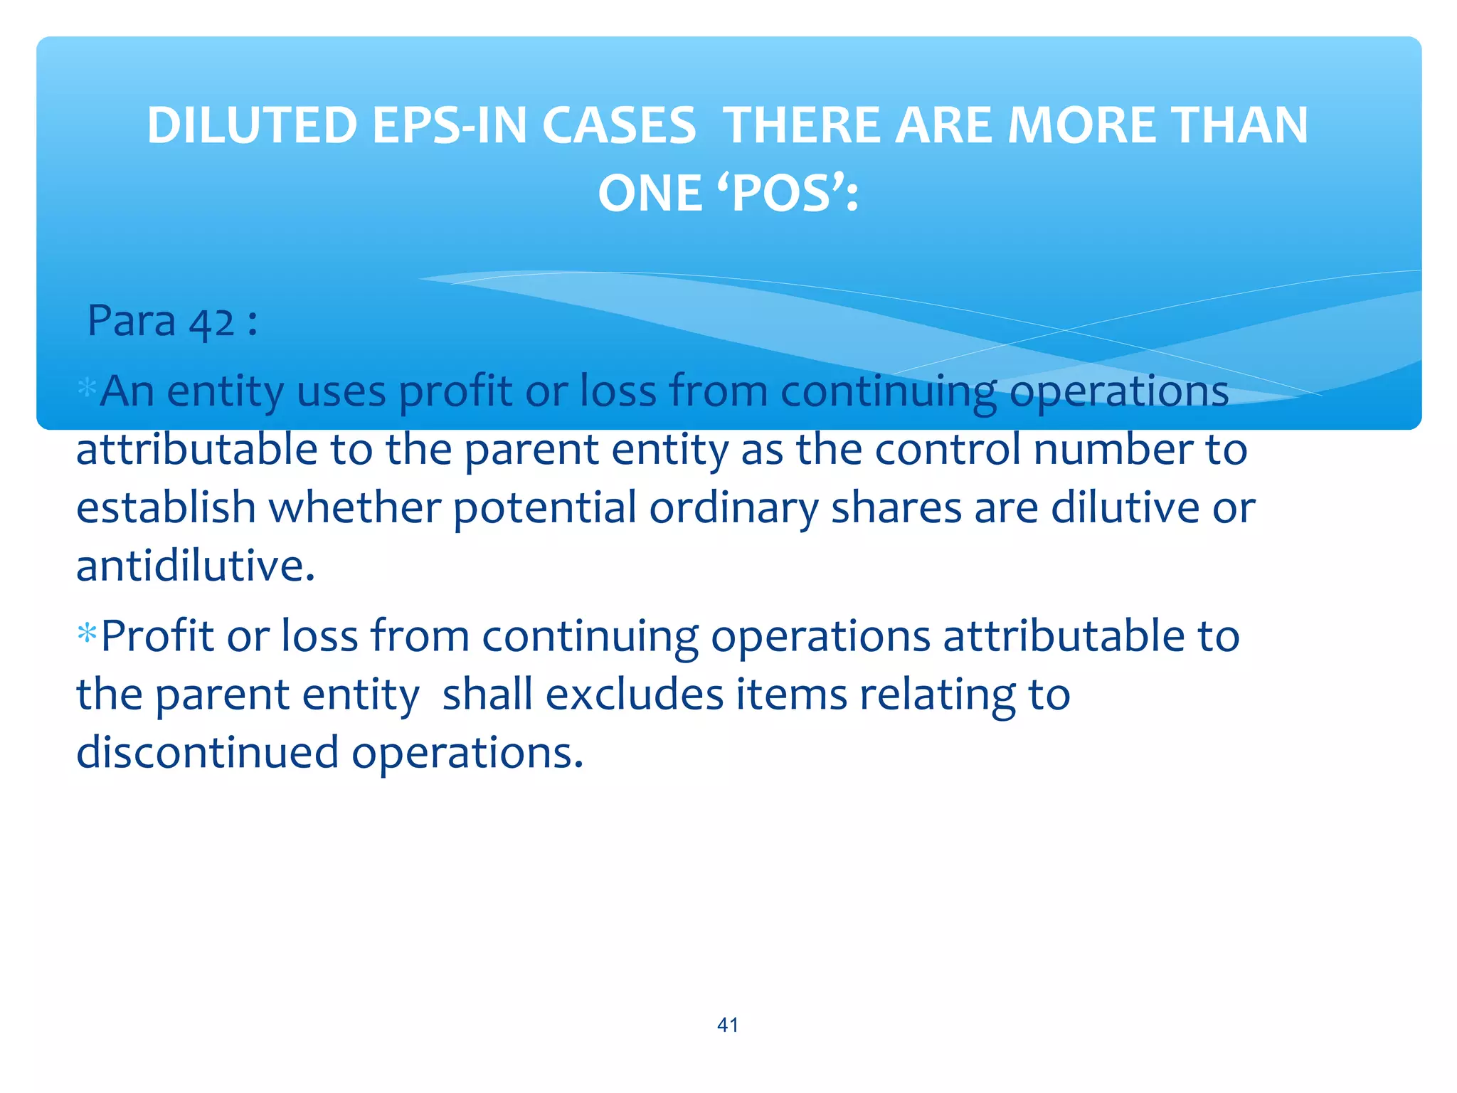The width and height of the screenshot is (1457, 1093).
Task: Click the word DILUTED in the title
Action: pyautogui.click(x=251, y=126)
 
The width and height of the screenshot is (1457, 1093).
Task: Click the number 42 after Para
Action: pyautogui.click(x=211, y=322)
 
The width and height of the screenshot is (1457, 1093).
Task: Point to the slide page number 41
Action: pyautogui.click(x=728, y=1025)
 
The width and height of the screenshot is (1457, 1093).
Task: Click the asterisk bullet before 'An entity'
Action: pyautogui.click(x=87, y=389)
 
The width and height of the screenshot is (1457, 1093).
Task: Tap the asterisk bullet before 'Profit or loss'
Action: pyautogui.click(x=87, y=633)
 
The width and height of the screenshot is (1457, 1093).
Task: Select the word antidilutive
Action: pyautogui.click(x=195, y=566)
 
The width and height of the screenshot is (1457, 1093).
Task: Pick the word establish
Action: pyautogui.click(x=166, y=507)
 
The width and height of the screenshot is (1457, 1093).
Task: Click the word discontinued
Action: pyautogui.click(x=207, y=752)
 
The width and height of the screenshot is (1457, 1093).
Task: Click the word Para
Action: pyautogui.click(x=131, y=321)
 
